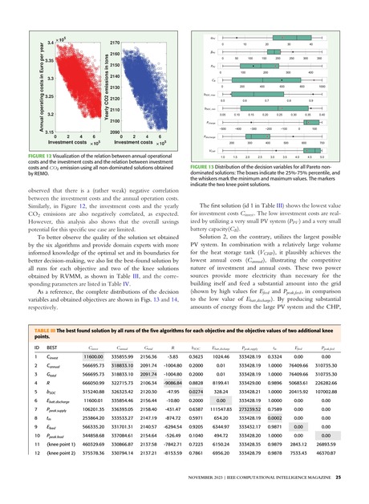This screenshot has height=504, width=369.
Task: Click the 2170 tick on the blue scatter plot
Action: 114,41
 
